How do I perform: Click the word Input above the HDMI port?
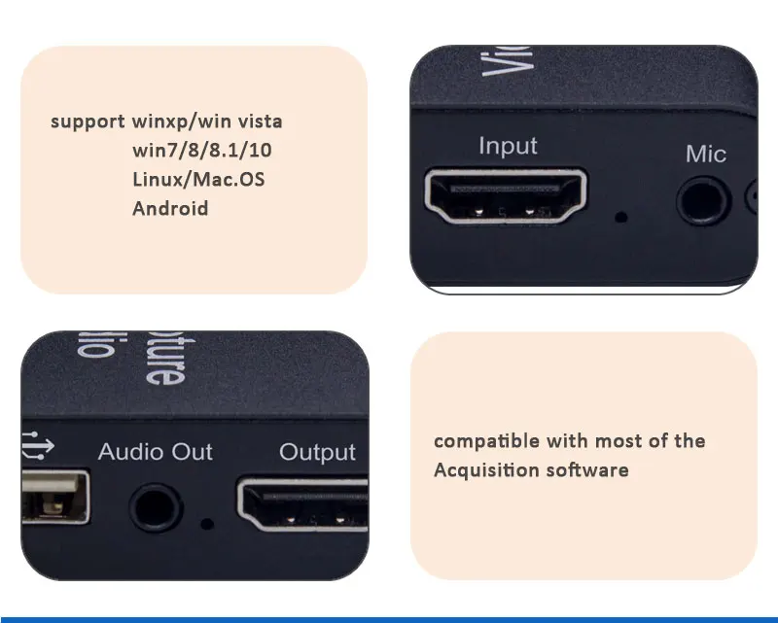[x=508, y=146]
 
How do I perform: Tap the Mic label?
[x=706, y=154]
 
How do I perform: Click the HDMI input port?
[x=506, y=196]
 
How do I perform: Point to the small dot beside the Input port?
[x=620, y=216]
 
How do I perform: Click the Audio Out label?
[x=156, y=452]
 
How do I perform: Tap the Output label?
[x=317, y=452]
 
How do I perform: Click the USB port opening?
[x=53, y=502]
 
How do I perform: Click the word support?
[x=88, y=122]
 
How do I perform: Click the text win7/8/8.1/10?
[x=209, y=151]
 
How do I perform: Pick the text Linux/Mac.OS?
[x=198, y=179]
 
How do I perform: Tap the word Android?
[x=170, y=208]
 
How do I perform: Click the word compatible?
[x=486, y=441]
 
